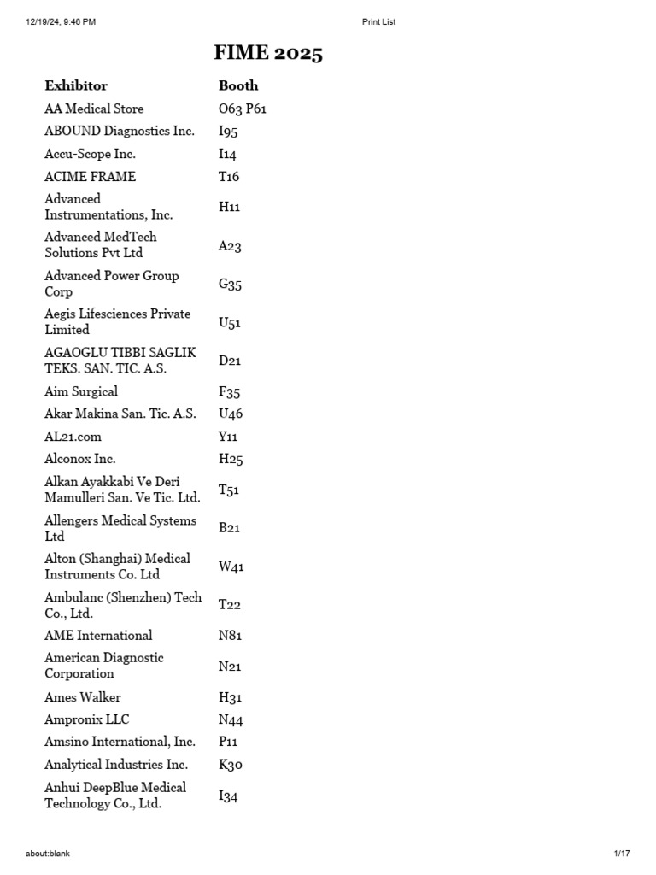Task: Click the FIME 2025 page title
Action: click(x=268, y=54)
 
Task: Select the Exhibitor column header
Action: click(x=76, y=85)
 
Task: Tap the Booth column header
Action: click(x=238, y=85)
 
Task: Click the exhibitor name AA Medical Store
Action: click(x=94, y=109)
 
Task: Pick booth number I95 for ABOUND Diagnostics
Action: click(x=228, y=132)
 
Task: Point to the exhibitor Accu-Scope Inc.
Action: click(x=90, y=154)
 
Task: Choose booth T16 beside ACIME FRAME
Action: click(x=229, y=177)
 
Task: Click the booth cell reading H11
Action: click(x=229, y=207)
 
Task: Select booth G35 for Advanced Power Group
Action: click(x=230, y=285)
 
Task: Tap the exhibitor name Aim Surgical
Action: click(x=81, y=391)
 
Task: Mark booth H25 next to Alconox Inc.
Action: click(x=231, y=459)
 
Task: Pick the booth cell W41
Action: click(x=231, y=567)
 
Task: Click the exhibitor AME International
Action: click(x=98, y=636)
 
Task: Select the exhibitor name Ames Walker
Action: click(x=83, y=697)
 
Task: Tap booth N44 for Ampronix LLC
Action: click(x=231, y=720)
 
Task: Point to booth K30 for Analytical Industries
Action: click(x=231, y=765)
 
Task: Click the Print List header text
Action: click(x=379, y=21)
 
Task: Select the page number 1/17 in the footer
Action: click(x=621, y=853)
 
